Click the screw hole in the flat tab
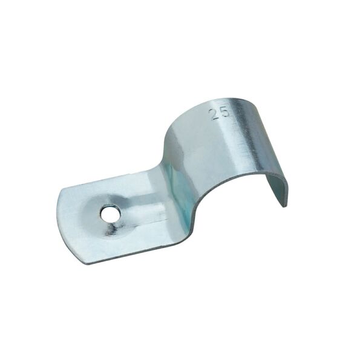click(x=110, y=214)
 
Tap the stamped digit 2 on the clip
click(x=214, y=114)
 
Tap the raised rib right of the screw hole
click(x=143, y=209)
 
